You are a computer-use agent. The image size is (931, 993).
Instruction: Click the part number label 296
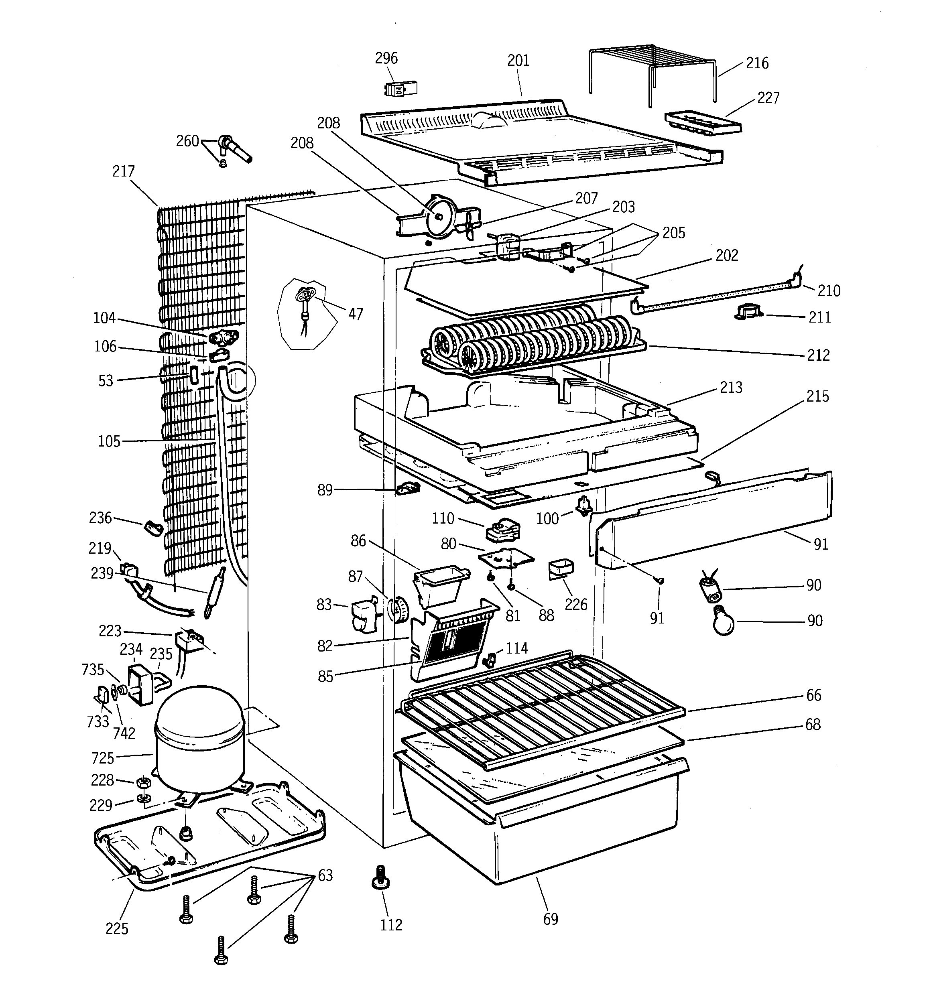[386, 59]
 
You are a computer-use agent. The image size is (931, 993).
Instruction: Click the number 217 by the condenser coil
[124, 172]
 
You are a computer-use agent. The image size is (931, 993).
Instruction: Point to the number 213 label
[731, 388]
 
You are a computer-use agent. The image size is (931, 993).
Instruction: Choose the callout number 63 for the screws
[325, 875]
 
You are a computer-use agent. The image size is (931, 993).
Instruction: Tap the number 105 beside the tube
[109, 441]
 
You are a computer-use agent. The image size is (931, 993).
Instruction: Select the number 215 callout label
[817, 397]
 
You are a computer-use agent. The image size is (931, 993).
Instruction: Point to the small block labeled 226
[561, 569]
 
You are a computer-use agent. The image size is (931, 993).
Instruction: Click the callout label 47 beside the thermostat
[355, 314]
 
